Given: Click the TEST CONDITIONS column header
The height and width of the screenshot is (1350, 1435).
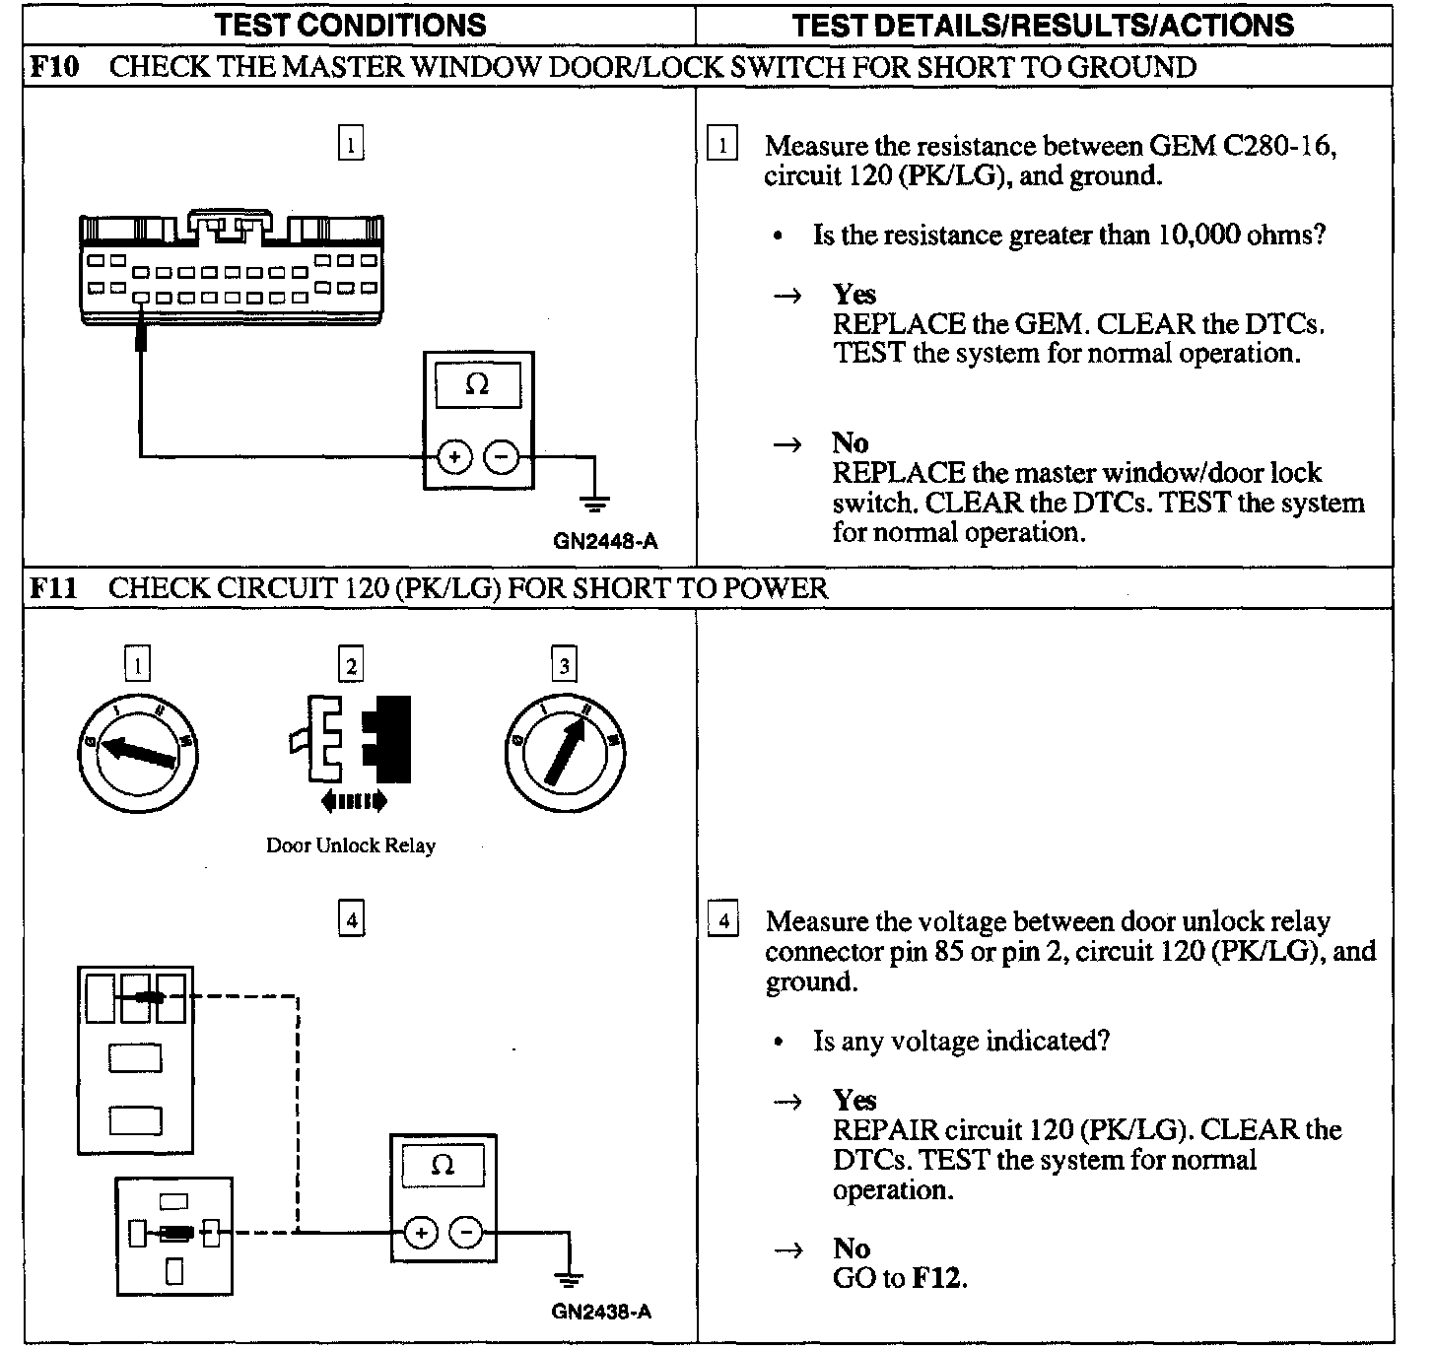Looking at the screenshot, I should pos(351,25).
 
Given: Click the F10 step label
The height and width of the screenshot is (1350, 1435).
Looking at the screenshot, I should pos(51,67).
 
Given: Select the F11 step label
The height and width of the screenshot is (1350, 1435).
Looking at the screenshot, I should pos(51,588).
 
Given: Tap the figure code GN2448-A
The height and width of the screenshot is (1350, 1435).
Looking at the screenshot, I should pos(605,540).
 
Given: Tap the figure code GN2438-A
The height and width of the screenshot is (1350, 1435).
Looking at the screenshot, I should pos(601,1312).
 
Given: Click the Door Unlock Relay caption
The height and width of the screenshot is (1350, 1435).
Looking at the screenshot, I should pos(351,845).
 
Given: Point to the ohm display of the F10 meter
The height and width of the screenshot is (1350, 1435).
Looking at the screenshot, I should pos(478,384).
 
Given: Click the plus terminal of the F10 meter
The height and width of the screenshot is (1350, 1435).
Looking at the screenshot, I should pos(453,457).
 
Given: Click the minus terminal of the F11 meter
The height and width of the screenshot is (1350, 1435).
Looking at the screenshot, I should pos(466,1232).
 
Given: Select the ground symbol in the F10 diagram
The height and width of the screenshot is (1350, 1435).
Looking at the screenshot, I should pos(594,504).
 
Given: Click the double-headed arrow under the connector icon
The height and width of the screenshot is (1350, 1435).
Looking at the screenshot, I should pos(354,802).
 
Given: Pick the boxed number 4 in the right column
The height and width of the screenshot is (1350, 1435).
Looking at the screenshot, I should pos(723,921).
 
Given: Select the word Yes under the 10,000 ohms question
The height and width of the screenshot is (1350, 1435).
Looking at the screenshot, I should pos(854,294).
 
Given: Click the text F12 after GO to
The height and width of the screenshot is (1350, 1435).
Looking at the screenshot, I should pos(938,1278).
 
